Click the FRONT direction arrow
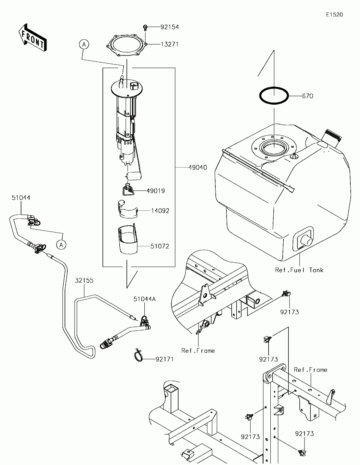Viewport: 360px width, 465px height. click(33, 38)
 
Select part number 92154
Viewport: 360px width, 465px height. click(169, 27)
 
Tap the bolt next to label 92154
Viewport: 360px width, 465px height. click(145, 27)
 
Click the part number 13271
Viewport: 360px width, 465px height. click(169, 44)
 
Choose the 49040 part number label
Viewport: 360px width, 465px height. click(198, 167)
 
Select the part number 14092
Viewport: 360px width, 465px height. click(160, 211)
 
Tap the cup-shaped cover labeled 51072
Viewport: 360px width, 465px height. click(128, 239)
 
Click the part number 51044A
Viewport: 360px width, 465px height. click(145, 299)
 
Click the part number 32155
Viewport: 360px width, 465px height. click(84, 280)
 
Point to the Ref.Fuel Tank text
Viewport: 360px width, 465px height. click(299, 270)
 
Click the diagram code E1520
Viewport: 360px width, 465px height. click(334, 15)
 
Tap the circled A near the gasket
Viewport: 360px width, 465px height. click(84, 44)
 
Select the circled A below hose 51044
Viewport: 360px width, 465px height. click(61, 244)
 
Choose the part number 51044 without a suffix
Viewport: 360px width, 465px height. click(21, 198)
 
